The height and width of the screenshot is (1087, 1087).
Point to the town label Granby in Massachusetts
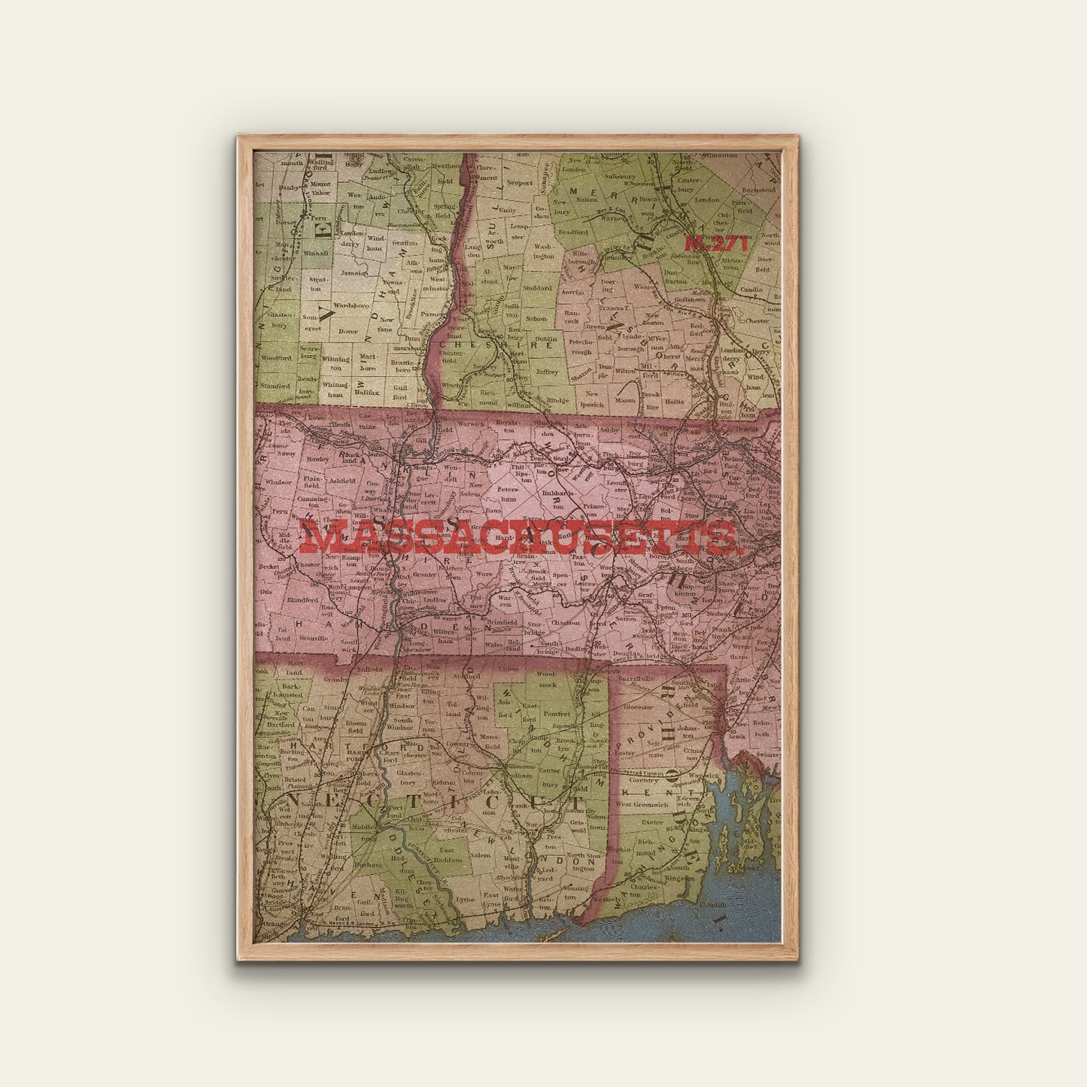point(424,575)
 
